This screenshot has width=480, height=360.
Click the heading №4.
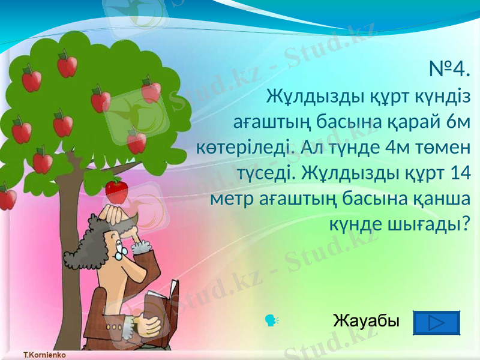pos(449,70)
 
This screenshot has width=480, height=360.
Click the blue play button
pos(437,323)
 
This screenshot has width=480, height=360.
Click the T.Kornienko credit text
pos(44,355)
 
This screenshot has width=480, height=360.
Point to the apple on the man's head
pos(116,190)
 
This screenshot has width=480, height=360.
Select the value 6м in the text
pos(458,121)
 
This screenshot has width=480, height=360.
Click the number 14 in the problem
pos(458,173)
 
